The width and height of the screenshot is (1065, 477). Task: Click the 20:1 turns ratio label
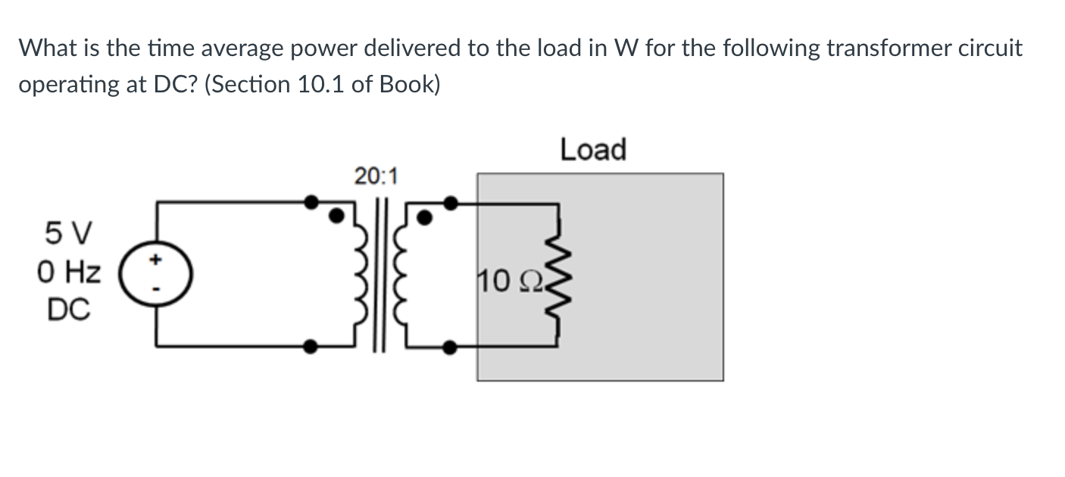pyautogui.click(x=375, y=177)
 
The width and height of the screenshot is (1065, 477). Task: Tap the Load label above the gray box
pyautogui.click(x=593, y=149)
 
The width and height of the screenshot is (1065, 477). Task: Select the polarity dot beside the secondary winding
pyautogui.click(x=426, y=217)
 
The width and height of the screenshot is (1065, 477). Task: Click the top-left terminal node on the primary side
pyautogui.click(x=310, y=202)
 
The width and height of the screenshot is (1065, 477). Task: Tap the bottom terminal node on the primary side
pyautogui.click(x=310, y=347)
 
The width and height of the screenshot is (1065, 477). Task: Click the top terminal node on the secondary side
pyautogui.click(x=450, y=202)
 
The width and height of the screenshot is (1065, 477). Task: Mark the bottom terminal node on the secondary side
pyautogui.click(x=450, y=348)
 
